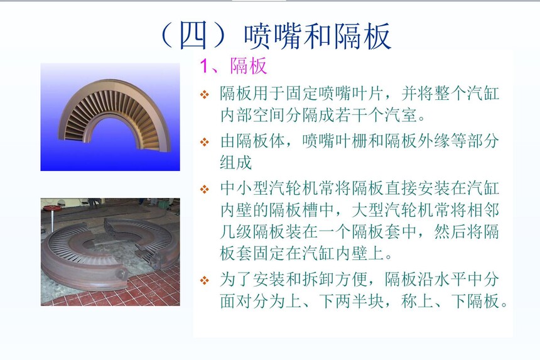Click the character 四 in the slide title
pos(193,35)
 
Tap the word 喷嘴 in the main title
pos(273,36)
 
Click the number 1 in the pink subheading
pos(205,65)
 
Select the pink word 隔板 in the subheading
pos(249,65)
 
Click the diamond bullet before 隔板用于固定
pos(205,94)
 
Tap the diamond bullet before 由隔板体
pos(205,141)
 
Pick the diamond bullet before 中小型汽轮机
pos(205,188)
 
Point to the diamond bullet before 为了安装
pos(205,280)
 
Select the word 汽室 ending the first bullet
pos(401,115)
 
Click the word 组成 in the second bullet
pos(236,162)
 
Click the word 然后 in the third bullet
pos(450,231)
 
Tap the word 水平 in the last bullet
pos(450,280)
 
